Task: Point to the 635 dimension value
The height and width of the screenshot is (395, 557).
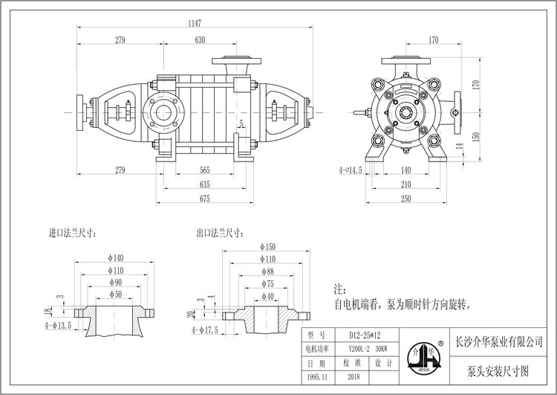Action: (x=206, y=184)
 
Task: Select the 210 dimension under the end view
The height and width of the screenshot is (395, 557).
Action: (x=407, y=184)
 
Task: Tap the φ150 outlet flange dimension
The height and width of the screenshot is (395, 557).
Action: (x=269, y=246)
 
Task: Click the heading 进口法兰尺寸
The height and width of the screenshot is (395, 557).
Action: (x=74, y=232)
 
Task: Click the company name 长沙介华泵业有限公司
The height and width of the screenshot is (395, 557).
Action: (x=497, y=341)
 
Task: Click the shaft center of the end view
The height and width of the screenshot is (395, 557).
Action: (x=407, y=113)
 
